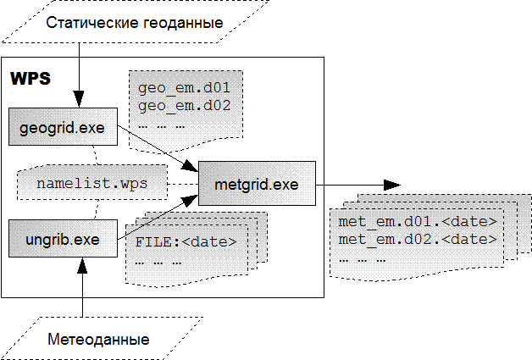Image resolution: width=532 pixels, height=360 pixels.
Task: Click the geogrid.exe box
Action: coord(62,128)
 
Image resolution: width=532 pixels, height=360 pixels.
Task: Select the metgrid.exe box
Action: coord(256,184)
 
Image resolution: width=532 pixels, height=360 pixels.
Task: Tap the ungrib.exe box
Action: coord(62,240)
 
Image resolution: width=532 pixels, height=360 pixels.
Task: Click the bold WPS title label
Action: coord(30,79)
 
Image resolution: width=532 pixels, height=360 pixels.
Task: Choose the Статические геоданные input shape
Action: coord(135,23)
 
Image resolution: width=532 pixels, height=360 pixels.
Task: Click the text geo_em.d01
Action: coord(184,88)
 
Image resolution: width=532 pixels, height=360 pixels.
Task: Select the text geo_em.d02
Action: coord(184,106)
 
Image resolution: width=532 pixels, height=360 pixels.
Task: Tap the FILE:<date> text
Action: coord(186,242)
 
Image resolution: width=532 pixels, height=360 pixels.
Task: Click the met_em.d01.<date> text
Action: coord(417,223)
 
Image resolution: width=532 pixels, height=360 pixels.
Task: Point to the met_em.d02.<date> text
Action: coord(417,240)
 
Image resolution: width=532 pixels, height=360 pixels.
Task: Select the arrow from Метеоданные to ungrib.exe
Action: coord(81,288)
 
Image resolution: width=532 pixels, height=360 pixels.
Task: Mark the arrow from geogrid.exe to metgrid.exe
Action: coord(157,146)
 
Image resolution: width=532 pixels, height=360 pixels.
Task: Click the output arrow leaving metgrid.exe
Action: coord(356,184)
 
